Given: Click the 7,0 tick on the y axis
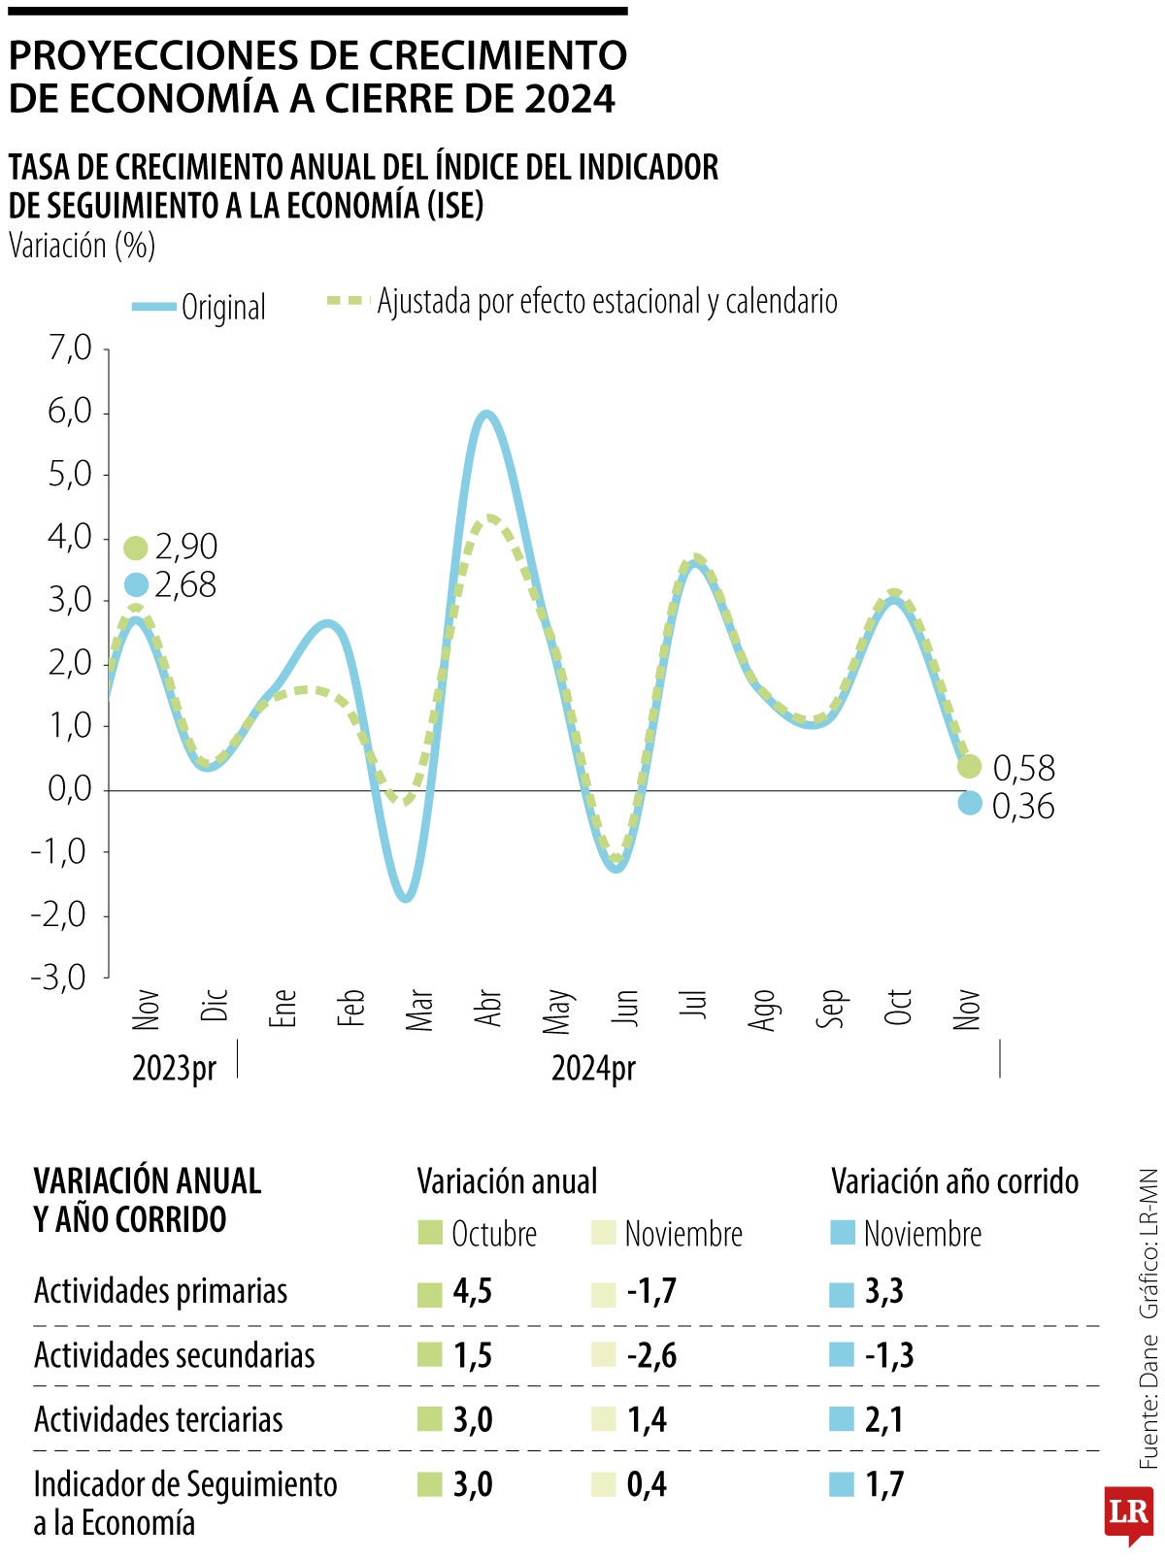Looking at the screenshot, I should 70,349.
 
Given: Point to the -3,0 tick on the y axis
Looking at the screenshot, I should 60,977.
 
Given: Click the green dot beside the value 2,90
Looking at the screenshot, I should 136,548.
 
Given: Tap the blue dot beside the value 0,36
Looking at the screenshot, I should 969,803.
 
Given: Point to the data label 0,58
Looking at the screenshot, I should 1023,769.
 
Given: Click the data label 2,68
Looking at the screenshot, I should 185,585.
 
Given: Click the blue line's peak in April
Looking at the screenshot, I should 486,415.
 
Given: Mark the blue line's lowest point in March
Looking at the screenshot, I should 406,898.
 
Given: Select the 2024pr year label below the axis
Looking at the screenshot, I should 593,1068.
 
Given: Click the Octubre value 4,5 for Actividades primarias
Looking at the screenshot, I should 472,1291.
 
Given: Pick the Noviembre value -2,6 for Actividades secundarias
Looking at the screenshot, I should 651,1355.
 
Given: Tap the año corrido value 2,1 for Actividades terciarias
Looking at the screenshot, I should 883,1419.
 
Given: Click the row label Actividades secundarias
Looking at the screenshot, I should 175,1355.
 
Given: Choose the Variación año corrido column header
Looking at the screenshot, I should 954,1181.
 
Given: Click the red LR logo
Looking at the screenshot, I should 1128,1512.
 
